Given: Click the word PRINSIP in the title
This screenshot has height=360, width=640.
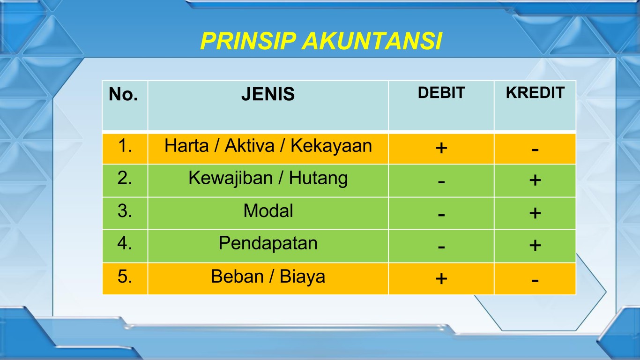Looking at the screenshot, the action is pyautogui.click(x=248, y=41).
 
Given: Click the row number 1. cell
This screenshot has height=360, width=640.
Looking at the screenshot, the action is pyautogui.click(x=125, y=149).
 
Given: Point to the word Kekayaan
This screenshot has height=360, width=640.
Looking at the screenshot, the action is pyautogui.click(x=331, y=146).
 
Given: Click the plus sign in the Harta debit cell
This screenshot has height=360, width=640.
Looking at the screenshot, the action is pyautogui.click(x=441, y=148).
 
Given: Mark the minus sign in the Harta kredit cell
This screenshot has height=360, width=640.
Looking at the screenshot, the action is pyautogui.click(x=535, y=149).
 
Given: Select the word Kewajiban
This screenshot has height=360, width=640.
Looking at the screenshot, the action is pyautogui.click(x=231, y=178).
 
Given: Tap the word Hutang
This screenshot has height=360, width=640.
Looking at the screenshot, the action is pyautogui.click(x=318, y=178).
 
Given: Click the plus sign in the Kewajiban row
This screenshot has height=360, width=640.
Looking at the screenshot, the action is pyautogui.click(x=535, y=180).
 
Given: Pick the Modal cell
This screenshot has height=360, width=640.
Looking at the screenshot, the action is pyautogui.click(x=268, y=213).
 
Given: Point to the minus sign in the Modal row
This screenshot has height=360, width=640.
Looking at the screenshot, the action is pyautogui.click(x=441, y=214).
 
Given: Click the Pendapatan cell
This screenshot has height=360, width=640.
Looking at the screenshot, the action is pyautogui.click(x=268, y=246).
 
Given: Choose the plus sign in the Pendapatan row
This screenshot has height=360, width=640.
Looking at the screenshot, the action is pyautogui.click(x=535, y=245).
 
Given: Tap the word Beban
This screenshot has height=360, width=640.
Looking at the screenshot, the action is pyautogui.click(x=237, y=276).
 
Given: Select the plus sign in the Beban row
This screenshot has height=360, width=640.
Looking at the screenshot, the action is pyautogui.click(x=441, y=278).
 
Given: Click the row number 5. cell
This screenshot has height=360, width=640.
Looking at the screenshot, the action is pyautogui.click(x=125, y=278).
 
